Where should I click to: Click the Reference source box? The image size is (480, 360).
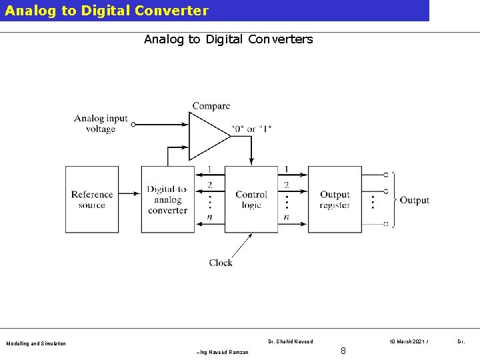[92, 199]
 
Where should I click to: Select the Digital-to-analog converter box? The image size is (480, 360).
[167, 199]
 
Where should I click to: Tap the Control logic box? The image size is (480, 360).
[251, 199]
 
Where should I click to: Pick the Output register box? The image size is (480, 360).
[335, 199]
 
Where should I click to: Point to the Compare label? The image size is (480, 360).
[211, 106]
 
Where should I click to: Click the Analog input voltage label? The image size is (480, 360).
[101, 123]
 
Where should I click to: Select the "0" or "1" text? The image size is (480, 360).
[251, 128]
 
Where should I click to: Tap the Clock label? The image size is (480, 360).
[221, 263]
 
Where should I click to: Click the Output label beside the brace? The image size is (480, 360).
[414, 200]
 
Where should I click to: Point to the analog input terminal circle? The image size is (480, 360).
[133, 124]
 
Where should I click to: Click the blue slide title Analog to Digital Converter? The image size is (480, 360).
[107, 11]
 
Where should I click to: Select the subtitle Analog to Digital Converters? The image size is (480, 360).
[228, 39]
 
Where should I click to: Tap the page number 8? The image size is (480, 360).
[343, 351]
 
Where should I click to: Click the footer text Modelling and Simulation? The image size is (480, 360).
[36, 344]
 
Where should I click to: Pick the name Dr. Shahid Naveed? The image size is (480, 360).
[290, 341]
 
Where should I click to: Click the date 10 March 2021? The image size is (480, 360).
[408, 341]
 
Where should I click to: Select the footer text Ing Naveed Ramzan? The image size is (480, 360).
[223, 352]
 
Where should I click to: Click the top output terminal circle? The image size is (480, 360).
[386, 174]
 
